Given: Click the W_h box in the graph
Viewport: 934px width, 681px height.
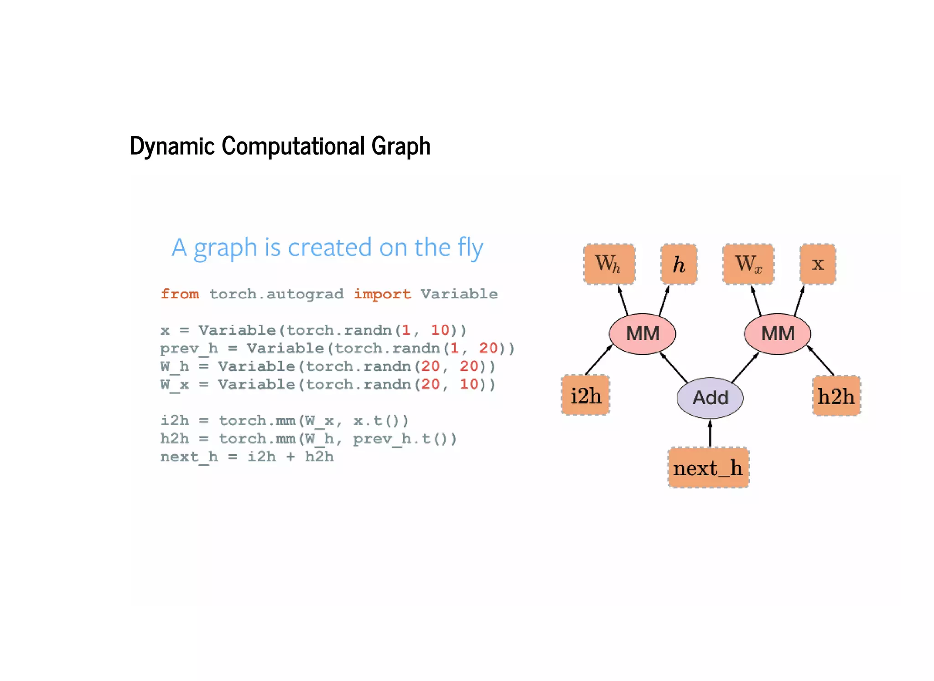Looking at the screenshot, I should (609, 264).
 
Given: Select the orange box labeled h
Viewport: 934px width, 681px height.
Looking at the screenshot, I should (679, 264).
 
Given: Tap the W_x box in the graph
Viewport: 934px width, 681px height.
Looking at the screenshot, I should (748, 264).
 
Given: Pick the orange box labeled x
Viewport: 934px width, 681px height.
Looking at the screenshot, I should (818, 264).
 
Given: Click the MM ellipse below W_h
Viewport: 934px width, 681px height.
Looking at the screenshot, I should (642, 334).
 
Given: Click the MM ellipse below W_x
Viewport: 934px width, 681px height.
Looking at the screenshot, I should (777, 334).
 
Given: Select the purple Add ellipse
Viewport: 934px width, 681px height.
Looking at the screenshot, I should (710, 398).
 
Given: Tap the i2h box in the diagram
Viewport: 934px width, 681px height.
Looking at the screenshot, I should (586, 395).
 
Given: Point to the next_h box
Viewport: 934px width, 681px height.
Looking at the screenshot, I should (708, 468).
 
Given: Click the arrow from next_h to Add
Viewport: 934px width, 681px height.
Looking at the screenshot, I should (710, 433).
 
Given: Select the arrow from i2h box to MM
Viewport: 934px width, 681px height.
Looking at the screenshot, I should (598, 360).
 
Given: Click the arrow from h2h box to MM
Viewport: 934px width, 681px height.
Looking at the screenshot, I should (821, 361).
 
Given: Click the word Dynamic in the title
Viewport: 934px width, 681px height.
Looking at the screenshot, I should (172, 146).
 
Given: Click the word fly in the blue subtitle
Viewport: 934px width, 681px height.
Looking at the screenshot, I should (470, 249).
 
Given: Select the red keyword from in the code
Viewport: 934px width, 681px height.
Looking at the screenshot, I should (180, 294).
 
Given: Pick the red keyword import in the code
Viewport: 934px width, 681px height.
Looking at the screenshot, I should (382, 294).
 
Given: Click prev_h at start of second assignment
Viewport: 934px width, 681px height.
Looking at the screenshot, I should (189, 348).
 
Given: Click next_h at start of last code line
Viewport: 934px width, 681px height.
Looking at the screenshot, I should (189, 457).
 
